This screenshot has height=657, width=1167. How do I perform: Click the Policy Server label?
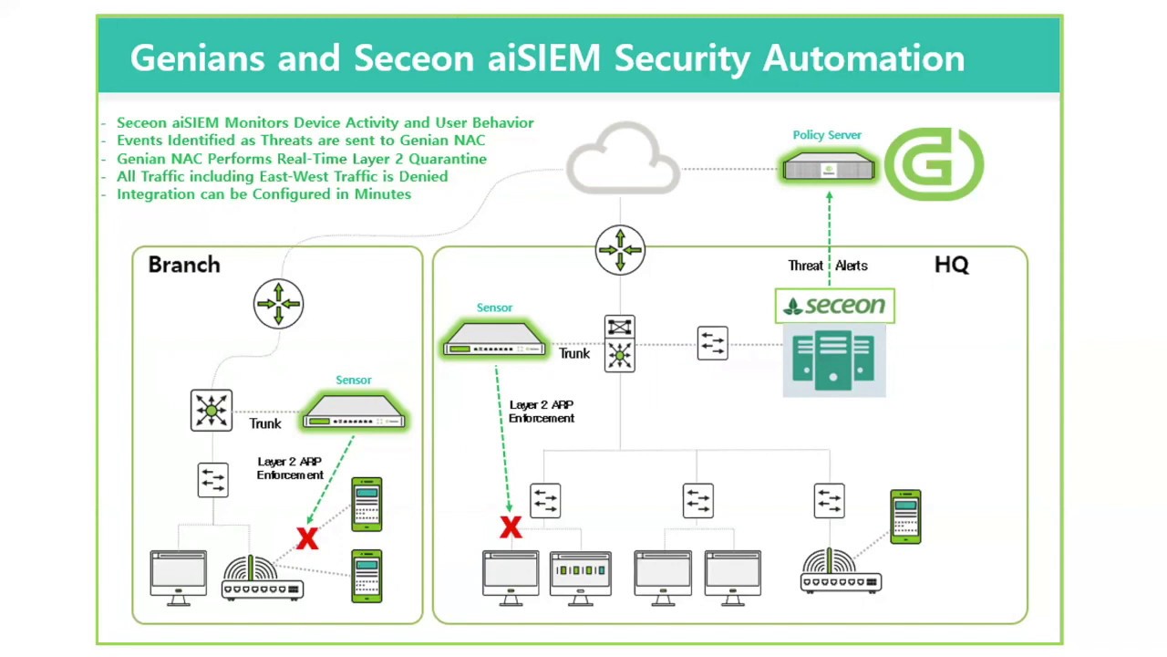(x=827, y=135)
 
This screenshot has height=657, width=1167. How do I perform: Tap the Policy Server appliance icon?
(x=829, y=168)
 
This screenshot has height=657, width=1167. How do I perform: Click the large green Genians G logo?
(x=934, y=164)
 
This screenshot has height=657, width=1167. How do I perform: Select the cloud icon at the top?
(x=624, y=161)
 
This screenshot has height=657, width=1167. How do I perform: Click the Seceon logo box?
(x=834, y=306)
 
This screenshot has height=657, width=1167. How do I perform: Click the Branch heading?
(x=184, y=265)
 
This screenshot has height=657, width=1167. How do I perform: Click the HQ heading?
(x=951, y=265)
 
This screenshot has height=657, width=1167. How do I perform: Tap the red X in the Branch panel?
(x=307, y=538)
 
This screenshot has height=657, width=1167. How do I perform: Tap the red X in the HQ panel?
(x=511, y=527)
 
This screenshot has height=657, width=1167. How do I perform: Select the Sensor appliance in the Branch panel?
(x=354, y=412)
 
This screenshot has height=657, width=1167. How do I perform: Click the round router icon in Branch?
(x=278, y=303)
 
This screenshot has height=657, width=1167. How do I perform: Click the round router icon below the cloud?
(x=620, y=249)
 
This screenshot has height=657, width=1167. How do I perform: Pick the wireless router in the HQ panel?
(x=841, y=572)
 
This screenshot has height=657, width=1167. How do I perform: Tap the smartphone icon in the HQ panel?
(x=905, y=516)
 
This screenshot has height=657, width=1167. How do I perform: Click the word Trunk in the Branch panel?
(x=265, y=423)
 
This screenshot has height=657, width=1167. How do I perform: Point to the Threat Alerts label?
(x=828, y=266)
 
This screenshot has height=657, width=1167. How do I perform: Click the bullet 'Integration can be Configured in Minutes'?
(x=263, y=194)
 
